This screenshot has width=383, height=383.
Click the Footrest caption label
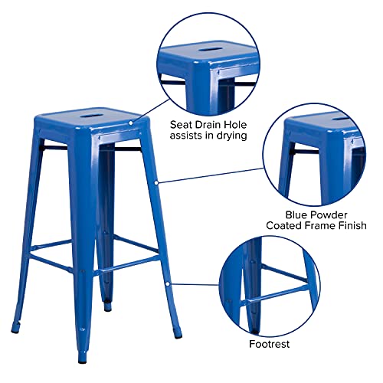point(269,344)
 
